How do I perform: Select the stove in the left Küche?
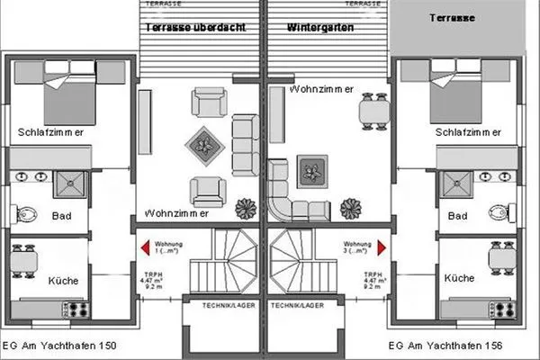pyautogui.click(x=74, y=309)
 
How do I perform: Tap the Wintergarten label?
pyautogui.click(x=319, y=28)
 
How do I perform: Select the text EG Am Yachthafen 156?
pyautogui.click(x=445, y=346)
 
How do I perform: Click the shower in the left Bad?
pyautogui.click(x=68, y=185)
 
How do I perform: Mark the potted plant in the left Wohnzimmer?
pyautogui.click(x=246, y=210)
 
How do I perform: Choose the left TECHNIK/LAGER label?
pyautogui.click(x=220, y=306)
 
